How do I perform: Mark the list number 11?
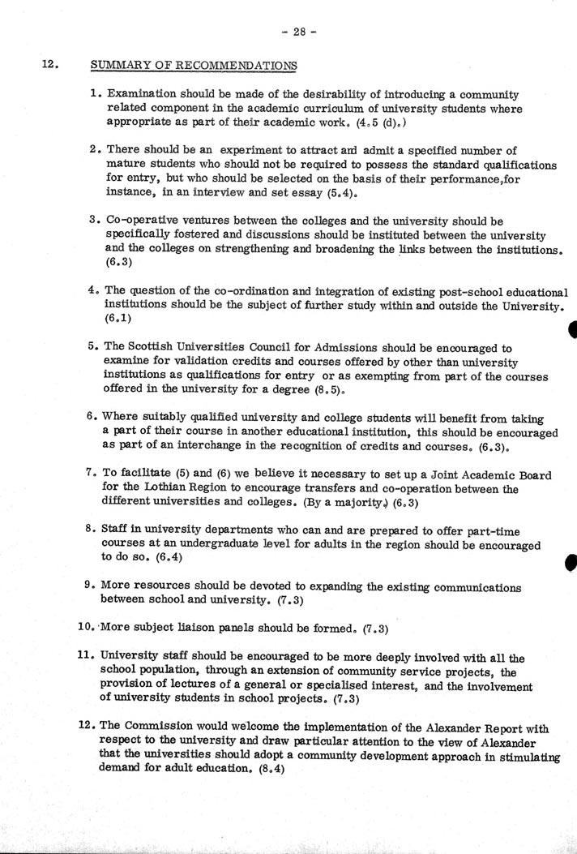pos(92,658)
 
